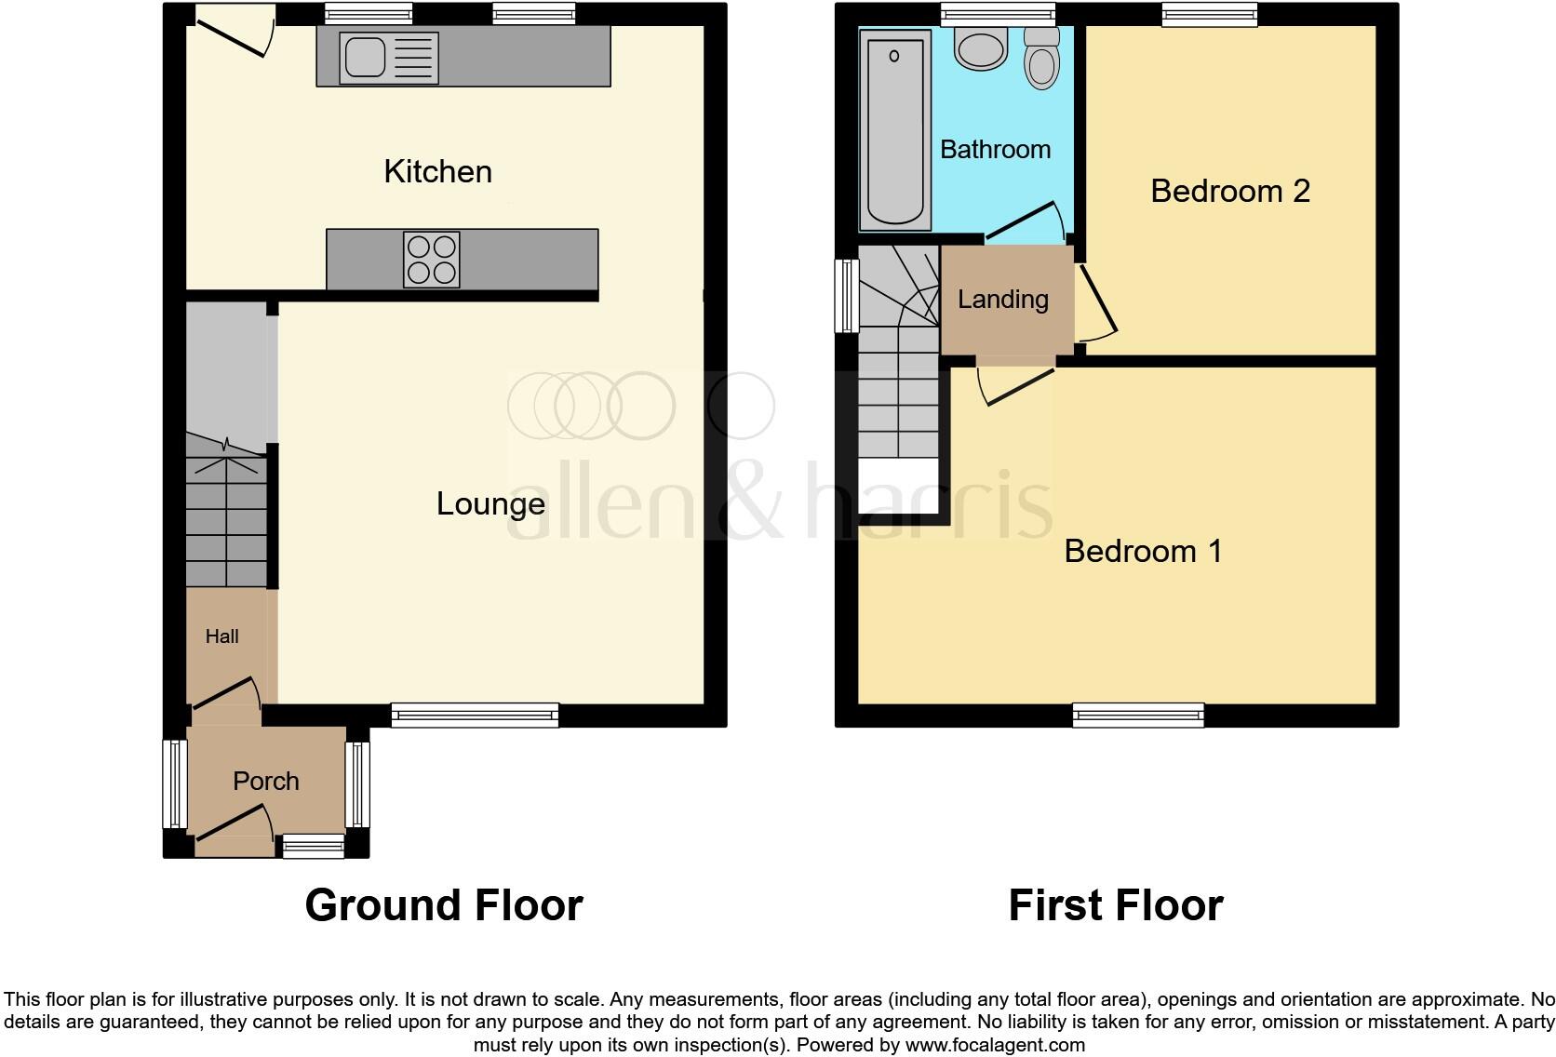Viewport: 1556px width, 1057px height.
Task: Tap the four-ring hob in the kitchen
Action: click(x=432, y=259)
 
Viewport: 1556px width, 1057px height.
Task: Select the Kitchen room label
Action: click(x=437, y=171)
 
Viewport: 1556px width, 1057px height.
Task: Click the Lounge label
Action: click(x=490, y=503)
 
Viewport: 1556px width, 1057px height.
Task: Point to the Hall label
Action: click(x=221, y=636)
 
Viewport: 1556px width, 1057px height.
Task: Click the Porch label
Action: click(x=265, y=781)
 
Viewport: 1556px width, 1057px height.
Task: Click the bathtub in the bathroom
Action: click(x=895, y=128)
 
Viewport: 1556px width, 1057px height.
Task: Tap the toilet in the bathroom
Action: click(x=1041, y=60)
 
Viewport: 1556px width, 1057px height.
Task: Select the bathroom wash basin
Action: click(x=981, y=48)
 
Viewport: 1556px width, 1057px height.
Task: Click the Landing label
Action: click(x=1002, y=299)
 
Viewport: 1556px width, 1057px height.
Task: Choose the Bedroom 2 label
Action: click(x=1229, y=191)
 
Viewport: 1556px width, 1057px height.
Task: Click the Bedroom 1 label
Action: click(x=1142, y=551)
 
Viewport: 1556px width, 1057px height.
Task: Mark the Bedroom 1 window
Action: click(x=1137, y=715)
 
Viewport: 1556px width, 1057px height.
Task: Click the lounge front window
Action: click(x=475, y=715)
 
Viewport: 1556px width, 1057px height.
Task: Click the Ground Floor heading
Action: click(x=443, y=905)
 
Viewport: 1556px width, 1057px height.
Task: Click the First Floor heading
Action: click(x=1115, y=905)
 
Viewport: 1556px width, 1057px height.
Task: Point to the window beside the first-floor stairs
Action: click(x=847, y=296)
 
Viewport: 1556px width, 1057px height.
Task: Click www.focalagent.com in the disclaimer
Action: click(x=994, y=1045)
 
